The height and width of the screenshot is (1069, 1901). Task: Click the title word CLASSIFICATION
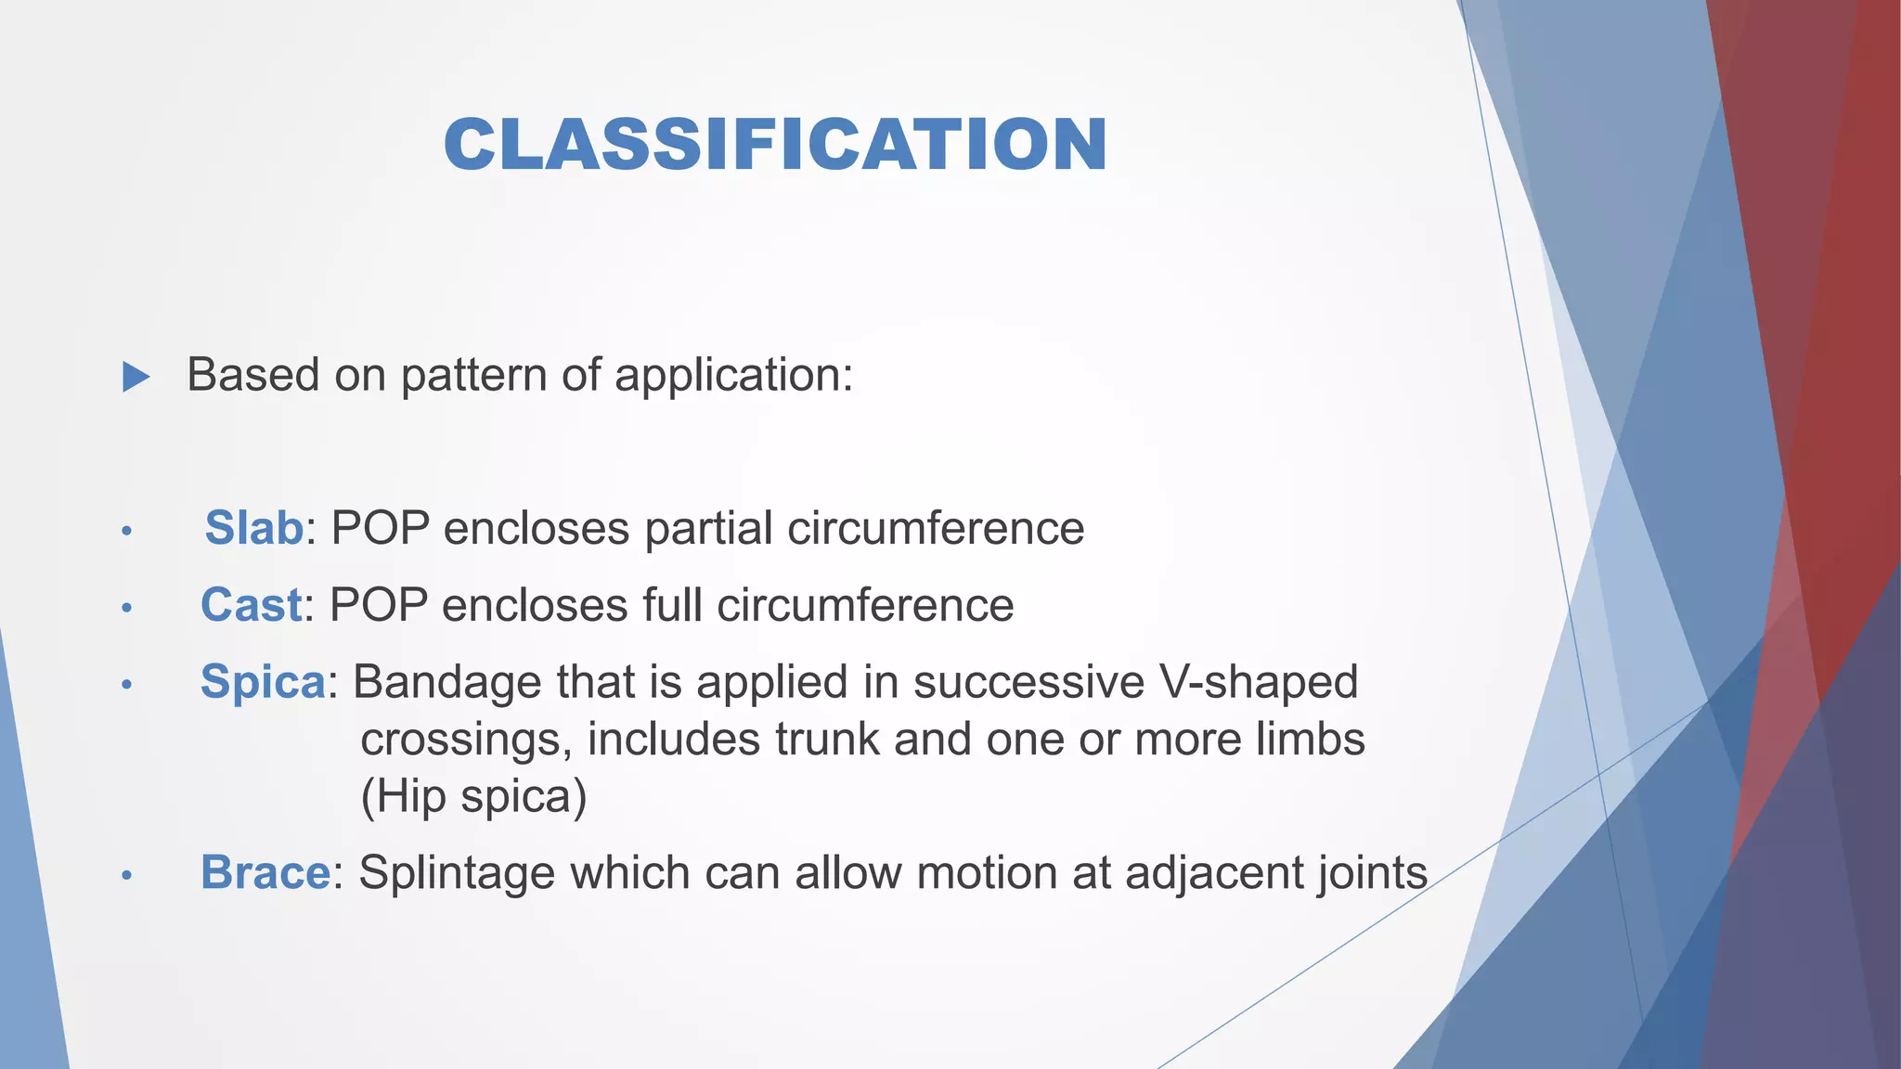[775, 146]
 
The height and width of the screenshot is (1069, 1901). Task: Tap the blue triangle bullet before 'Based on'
[136, 377]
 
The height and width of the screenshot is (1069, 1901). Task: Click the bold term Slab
[253, 528]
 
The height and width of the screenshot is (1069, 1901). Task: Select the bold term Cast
[251, 605]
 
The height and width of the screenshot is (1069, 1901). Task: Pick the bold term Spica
[263, 682]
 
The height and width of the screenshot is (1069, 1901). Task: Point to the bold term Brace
[265, 873]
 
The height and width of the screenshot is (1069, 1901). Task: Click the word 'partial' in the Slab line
[708, 528]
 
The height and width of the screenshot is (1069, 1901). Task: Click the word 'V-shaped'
[1258, 682]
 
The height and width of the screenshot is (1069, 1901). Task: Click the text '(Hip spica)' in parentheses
[473, 796]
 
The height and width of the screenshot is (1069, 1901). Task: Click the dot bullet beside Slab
[127, 532]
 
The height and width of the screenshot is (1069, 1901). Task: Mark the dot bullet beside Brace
[127, 876]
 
